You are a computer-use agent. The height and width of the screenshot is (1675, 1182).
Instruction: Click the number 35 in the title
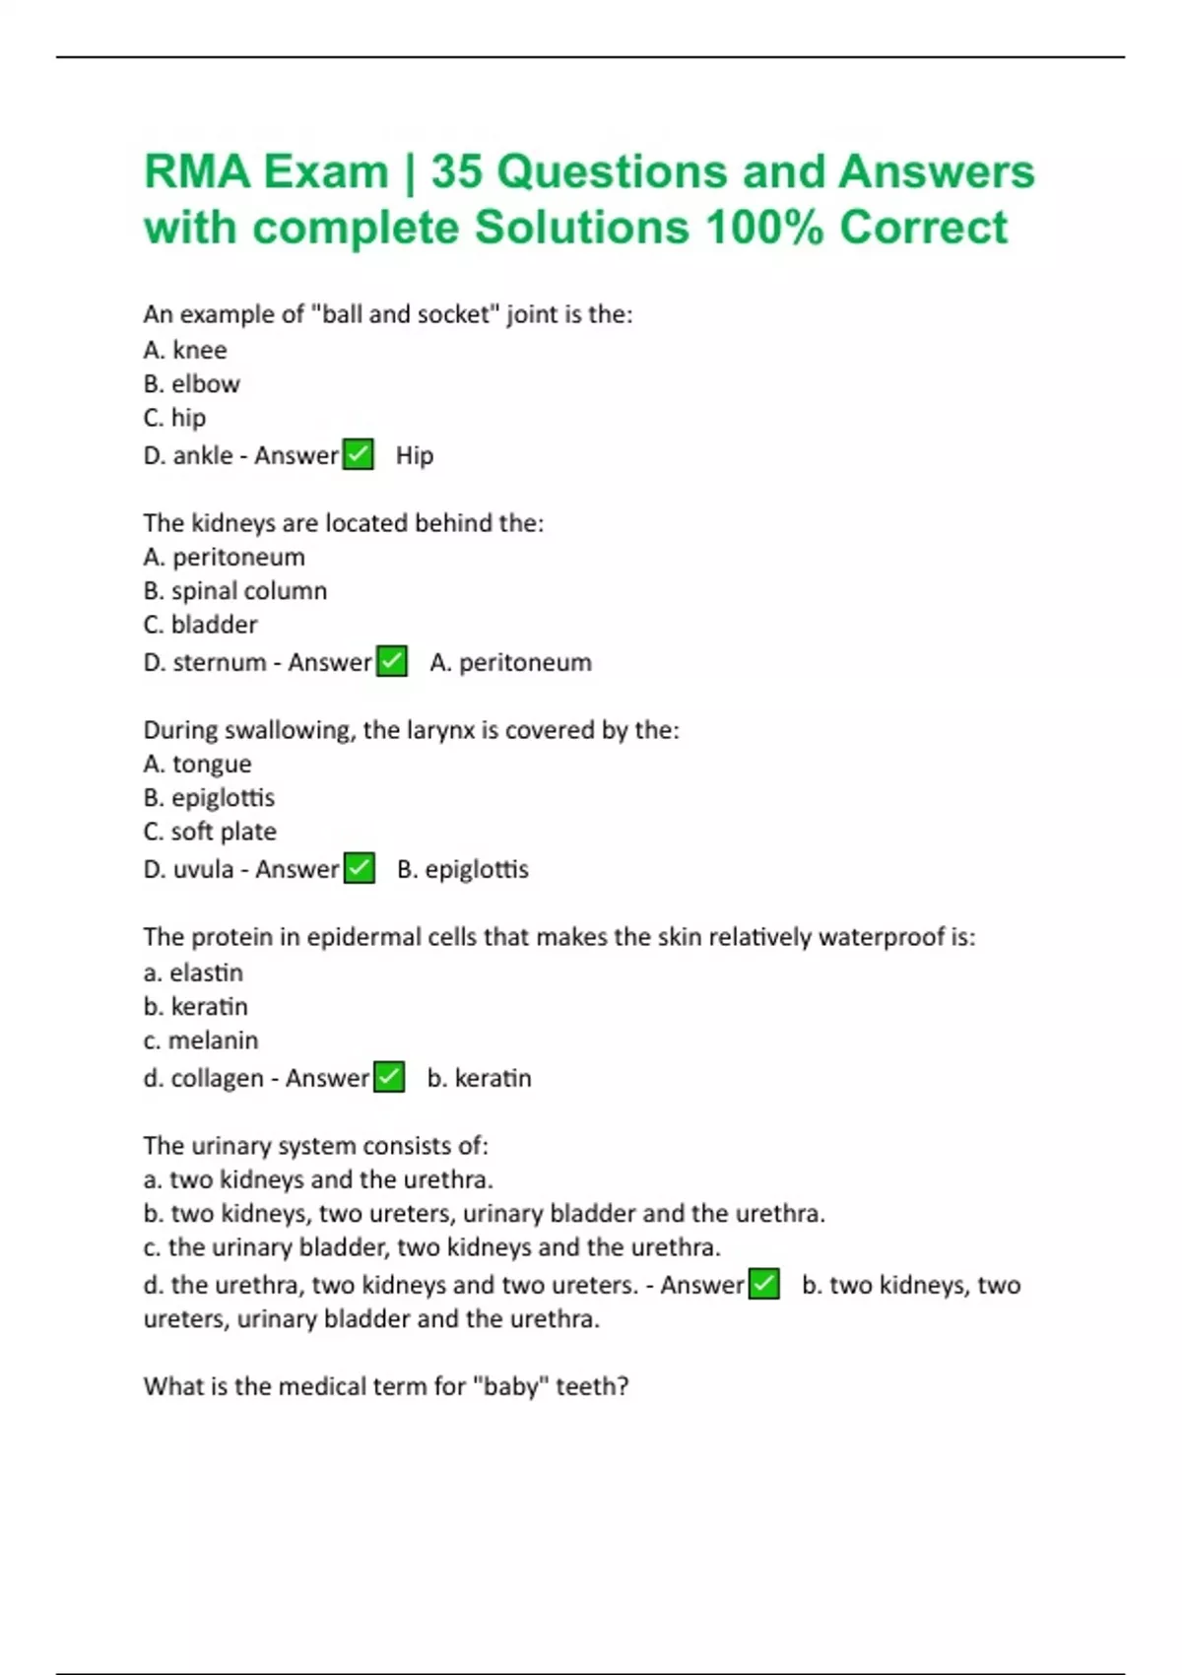coord(456,171)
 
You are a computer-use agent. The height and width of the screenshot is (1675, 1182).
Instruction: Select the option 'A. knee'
coord(185,350)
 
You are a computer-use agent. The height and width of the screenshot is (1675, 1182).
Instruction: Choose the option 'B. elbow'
coord(191,383)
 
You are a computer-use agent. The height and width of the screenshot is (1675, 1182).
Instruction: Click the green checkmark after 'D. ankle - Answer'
coord(359,455)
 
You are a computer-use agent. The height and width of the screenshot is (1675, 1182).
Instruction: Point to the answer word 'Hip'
coord(415,455)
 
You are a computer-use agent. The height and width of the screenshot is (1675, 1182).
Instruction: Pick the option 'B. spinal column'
coord(234,590)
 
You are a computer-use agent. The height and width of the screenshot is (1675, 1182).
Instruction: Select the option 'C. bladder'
coord(200,624)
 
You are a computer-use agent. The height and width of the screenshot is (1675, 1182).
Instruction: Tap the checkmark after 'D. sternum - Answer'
coord(392,661)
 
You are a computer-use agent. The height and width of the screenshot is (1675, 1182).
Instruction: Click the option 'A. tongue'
coord(197,764)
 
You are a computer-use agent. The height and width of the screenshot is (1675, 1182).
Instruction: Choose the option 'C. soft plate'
coord(209,831)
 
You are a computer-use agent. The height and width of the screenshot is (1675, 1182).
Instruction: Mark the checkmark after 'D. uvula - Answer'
coord(360,868)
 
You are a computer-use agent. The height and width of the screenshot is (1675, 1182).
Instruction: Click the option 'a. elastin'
coord(193,972)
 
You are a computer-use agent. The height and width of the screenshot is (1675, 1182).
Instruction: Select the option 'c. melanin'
coord(200,1039)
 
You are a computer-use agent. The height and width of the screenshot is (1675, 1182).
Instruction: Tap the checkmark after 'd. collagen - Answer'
coord(390,1077)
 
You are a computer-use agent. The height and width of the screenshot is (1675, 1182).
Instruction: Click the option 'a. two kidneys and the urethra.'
coord(318,1179)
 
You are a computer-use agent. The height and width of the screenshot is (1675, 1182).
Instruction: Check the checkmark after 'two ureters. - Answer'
coord(764,1284)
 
